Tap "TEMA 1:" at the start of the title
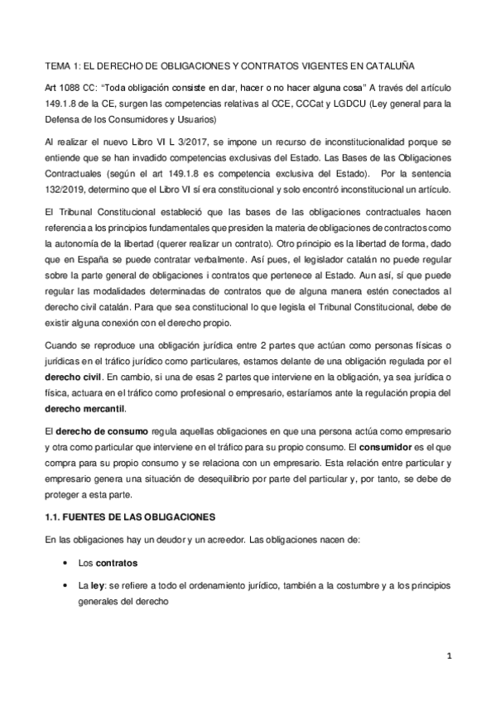click(60, 65)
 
